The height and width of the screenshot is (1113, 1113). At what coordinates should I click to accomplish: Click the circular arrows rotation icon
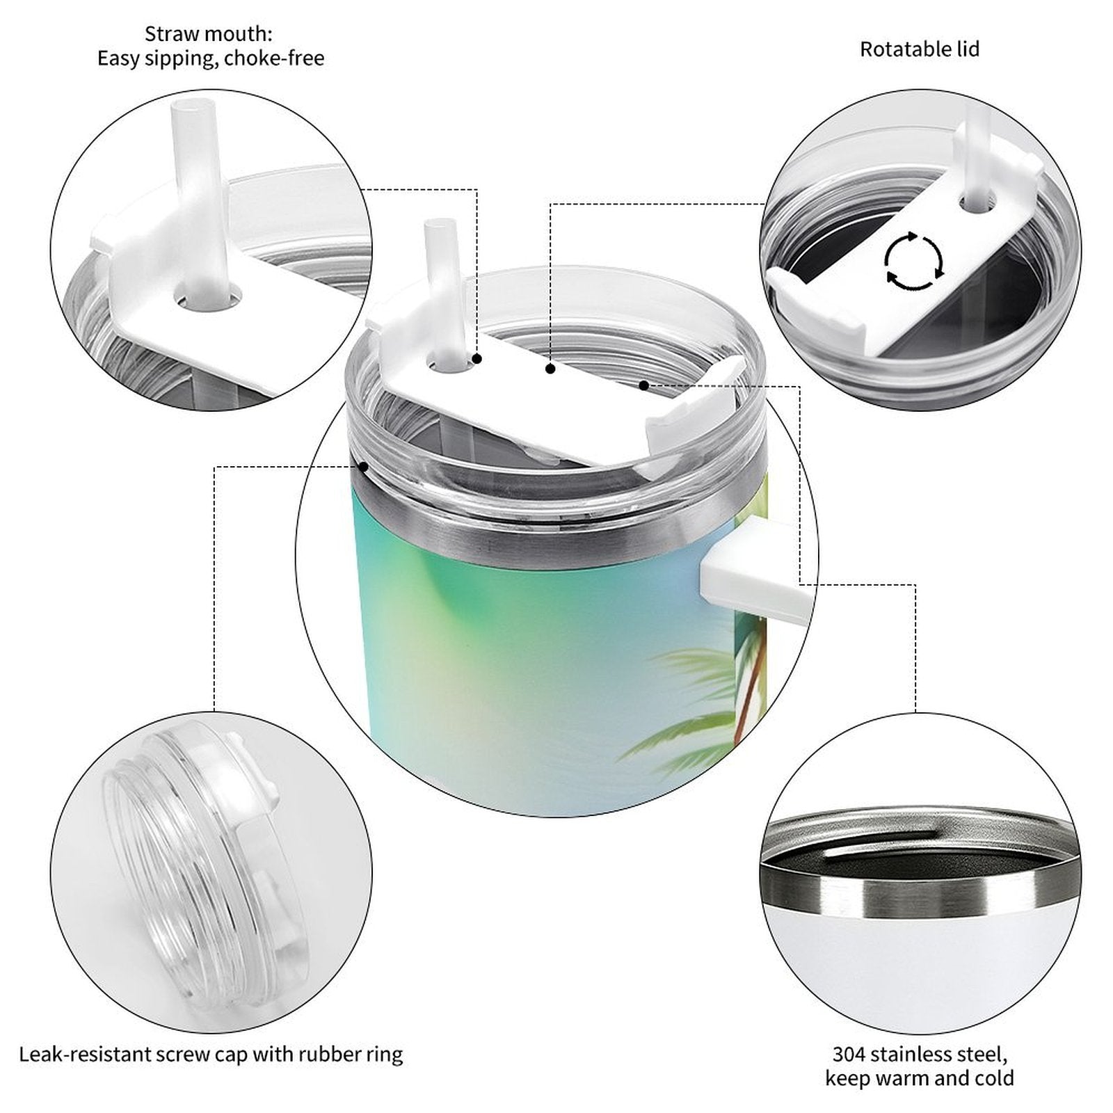pos(914,261)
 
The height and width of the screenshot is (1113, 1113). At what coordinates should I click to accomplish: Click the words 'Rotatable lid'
pos(920,49)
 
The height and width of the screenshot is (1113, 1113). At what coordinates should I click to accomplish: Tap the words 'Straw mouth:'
pos(209,33)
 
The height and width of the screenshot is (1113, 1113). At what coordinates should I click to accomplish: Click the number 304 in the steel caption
pos(849,1054)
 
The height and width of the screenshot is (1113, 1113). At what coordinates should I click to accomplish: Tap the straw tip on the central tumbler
pos(435,226)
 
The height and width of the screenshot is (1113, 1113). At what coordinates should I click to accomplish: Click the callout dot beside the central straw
pos(477,359)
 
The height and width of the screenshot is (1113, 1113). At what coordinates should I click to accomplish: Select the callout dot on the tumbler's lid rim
pos(362,467)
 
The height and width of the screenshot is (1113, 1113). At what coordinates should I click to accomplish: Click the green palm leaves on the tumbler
pos(685,703)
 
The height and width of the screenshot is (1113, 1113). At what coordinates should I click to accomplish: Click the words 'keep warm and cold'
pos(920,1078)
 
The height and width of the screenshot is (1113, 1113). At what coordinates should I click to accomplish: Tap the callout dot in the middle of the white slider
pos(550,369)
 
